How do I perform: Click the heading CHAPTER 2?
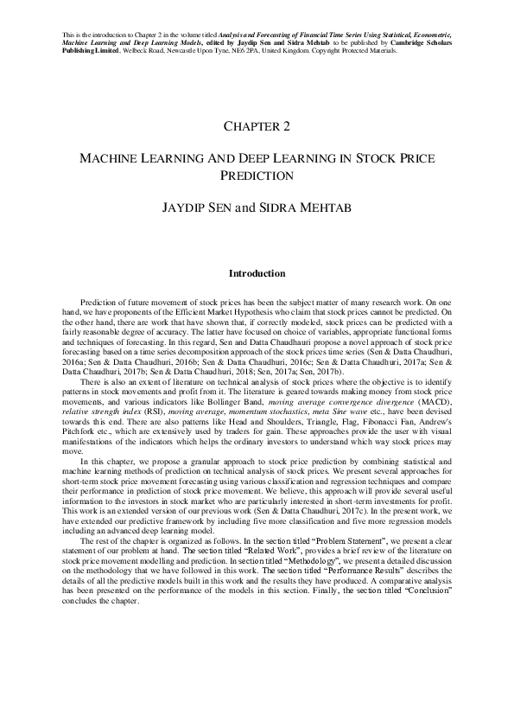[x=257, y=126]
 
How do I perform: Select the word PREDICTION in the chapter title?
[x=257, y=176]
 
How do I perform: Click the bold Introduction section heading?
[x=257, y=273]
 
